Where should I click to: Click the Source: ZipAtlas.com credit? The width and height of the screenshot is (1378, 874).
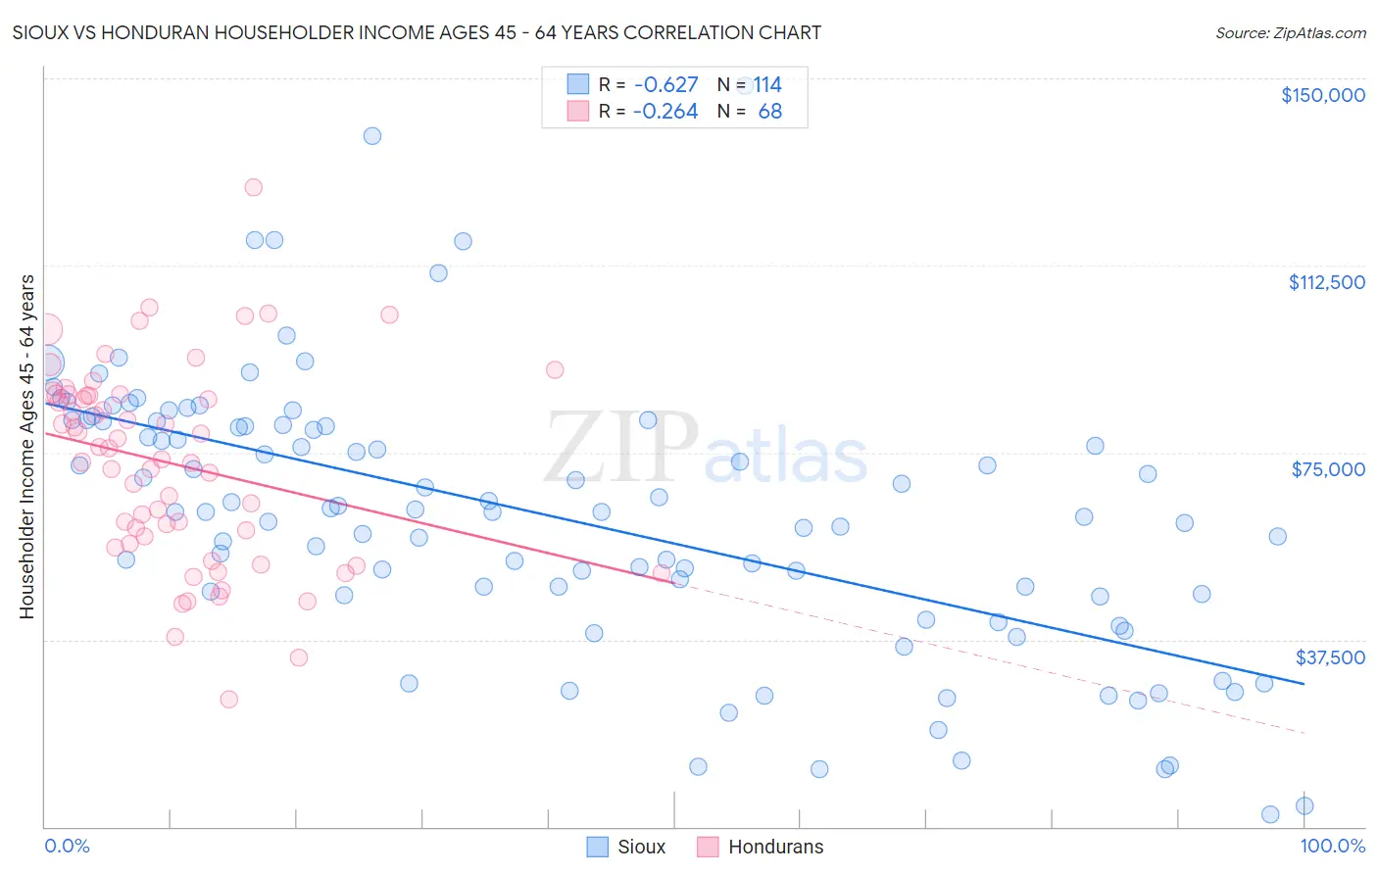click(x=1290, y=32)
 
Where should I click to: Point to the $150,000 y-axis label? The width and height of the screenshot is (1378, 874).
click(x=1322, y=95)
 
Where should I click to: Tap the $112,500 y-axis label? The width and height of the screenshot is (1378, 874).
click(x=1326, y=282)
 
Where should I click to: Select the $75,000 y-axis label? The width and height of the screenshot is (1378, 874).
click(x=1328, y=469)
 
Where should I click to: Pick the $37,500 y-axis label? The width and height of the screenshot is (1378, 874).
click(x=1330, y=657)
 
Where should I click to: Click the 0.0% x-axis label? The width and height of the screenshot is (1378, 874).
click(x=67, y=846)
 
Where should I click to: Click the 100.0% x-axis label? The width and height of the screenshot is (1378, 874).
click(x=1332, y=846)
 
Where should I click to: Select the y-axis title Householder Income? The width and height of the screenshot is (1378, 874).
click(x=27, y=447)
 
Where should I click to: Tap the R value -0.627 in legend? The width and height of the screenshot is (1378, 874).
click(x=665, y=85)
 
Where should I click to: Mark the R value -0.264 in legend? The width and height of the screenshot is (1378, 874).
click(x=665, y=112)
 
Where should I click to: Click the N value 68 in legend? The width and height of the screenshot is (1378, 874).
click(x=770, y=112)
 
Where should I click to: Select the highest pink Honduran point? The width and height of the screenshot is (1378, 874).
click(x=253, y=187)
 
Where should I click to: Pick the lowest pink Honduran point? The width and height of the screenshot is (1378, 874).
click(x=228, y=699)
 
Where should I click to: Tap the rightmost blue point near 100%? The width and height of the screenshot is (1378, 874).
click(x=1304, y=805)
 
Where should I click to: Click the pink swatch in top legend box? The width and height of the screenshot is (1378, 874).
click(x=578, y=111)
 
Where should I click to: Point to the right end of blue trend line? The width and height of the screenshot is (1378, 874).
click(x=1304, y=683)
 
